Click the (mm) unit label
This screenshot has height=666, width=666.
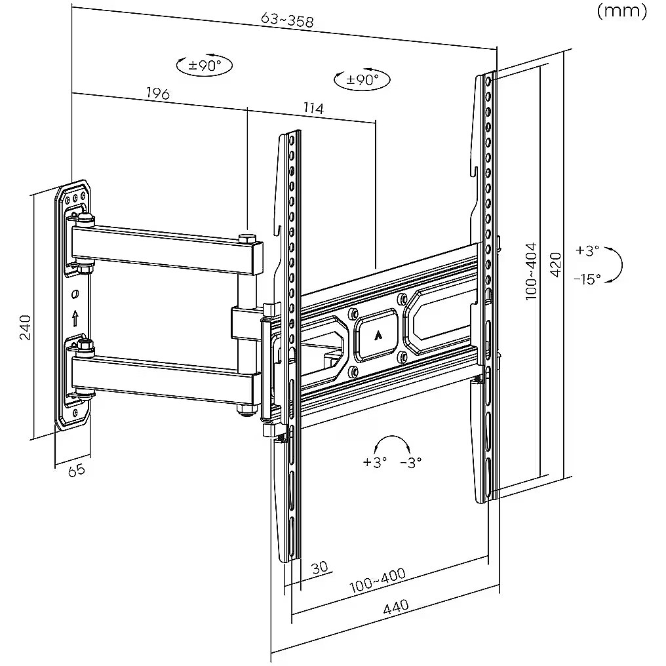621,11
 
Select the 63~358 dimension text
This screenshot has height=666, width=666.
287,20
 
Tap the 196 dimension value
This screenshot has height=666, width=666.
157,93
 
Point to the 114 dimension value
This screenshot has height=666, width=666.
313,108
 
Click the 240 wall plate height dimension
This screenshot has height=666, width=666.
26,326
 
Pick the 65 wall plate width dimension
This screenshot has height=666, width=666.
77,470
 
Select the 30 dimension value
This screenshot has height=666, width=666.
320,567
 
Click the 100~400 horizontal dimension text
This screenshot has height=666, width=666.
377,580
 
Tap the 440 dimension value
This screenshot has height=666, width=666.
395,606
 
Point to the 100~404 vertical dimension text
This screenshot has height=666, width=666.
531,271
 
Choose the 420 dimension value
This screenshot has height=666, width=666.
556,264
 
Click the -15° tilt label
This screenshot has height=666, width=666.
587,279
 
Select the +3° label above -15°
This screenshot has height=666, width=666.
587,250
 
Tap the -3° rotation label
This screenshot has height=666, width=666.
411,462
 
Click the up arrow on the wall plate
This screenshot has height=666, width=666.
75,318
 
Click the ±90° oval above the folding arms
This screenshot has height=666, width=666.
205,66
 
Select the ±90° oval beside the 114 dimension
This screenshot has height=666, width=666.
362,79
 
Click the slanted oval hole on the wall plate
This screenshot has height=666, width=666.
75,294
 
